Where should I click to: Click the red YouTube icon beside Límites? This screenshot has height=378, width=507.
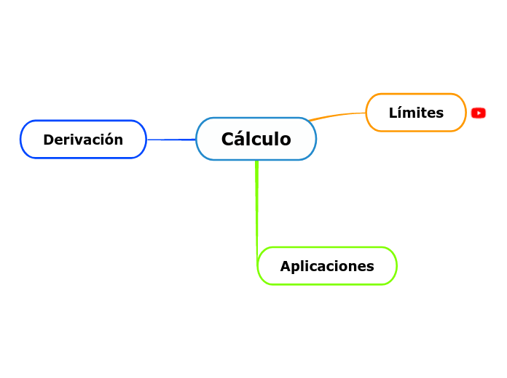point(479,113)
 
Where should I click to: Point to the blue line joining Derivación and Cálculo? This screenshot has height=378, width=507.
point(171,139)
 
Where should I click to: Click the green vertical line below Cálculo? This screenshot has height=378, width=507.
point(256,204)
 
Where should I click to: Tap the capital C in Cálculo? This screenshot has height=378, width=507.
point(227,139)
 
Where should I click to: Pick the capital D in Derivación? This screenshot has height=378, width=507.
point(48,140)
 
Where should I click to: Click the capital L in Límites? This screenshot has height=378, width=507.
point(393,113)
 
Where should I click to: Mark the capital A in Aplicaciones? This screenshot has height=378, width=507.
point(286,266)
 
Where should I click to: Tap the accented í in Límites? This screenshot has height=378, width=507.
point(401,112)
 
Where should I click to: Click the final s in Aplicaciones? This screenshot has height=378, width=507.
point(370,267)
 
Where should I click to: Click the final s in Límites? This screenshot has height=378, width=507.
point(439,113)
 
